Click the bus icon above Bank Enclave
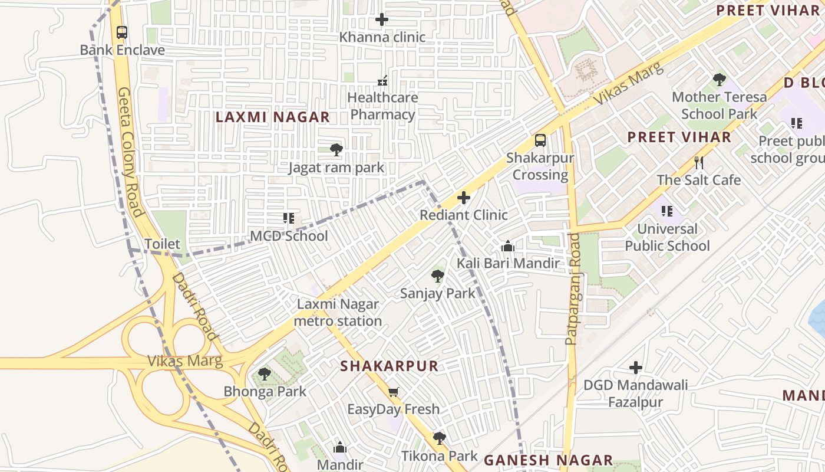(x=122, y=32)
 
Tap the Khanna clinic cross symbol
(x=382, y=19)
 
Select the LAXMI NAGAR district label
(x=272, y=117)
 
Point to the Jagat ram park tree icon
(x=336, y=150)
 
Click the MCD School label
(x=289, y=236)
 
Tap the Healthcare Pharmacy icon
(x=382, y=80)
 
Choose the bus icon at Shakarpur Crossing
(x=540, y=140)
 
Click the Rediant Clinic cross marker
(x=464, y=198)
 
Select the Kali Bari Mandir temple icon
(x=507, y=246)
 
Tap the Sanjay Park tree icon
(x=437, y=276)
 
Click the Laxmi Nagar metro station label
(x=338, y=313)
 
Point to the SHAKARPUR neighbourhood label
(x=390, y=366)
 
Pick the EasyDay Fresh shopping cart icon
(x=394, y=392)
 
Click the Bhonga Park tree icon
(x=265, y=374)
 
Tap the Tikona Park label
(x=439, y=456)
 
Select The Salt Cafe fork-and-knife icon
(x=699, y=162)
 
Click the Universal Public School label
(x=667, y=237)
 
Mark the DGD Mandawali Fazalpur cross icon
(x=635, y=368)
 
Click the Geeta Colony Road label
(x=131, y=152)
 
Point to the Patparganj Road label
(x=572, y=289)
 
